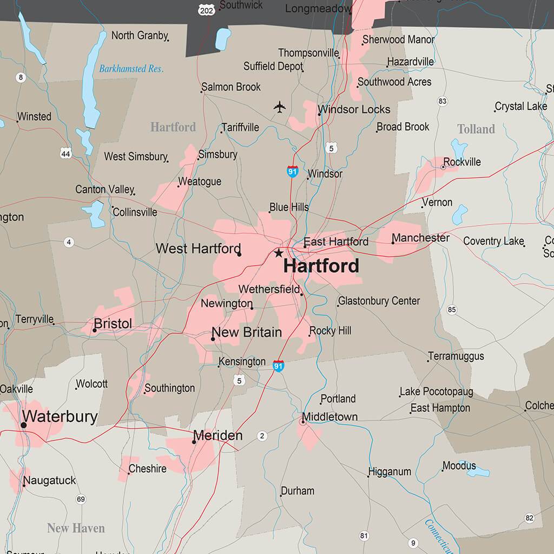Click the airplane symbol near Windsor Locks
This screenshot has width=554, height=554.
(x=279, y=107)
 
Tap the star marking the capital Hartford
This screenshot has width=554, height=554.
(x=279, y=253)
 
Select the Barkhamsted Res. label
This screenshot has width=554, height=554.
(x=131, y=69)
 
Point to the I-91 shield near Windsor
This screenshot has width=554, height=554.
(x=293, y=172)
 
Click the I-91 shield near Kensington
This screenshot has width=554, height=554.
(x=278, y=366)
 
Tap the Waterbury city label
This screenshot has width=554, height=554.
(x=60, y=417)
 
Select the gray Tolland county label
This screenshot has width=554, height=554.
(x=476, y=129)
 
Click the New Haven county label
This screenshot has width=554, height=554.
(x=76, y=528)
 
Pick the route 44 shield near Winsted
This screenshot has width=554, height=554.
(x=66, y=154)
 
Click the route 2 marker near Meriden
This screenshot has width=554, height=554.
(x=262, y=436)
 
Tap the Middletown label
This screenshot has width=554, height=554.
(x=329, y=417)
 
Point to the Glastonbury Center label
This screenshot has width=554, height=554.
(x=379, y=301)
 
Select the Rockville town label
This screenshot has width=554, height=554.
(x=461, y=162)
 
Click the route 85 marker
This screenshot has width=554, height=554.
(x=452, y=310)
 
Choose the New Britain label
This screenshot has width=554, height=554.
(x=247, y=332)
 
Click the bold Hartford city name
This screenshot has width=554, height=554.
(x=321, y=266)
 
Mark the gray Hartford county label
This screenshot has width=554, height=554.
(x=173, y=127)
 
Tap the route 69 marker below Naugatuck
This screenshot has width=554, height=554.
(x=81, y=499)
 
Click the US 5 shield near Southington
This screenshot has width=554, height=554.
(x=240, y=381)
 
